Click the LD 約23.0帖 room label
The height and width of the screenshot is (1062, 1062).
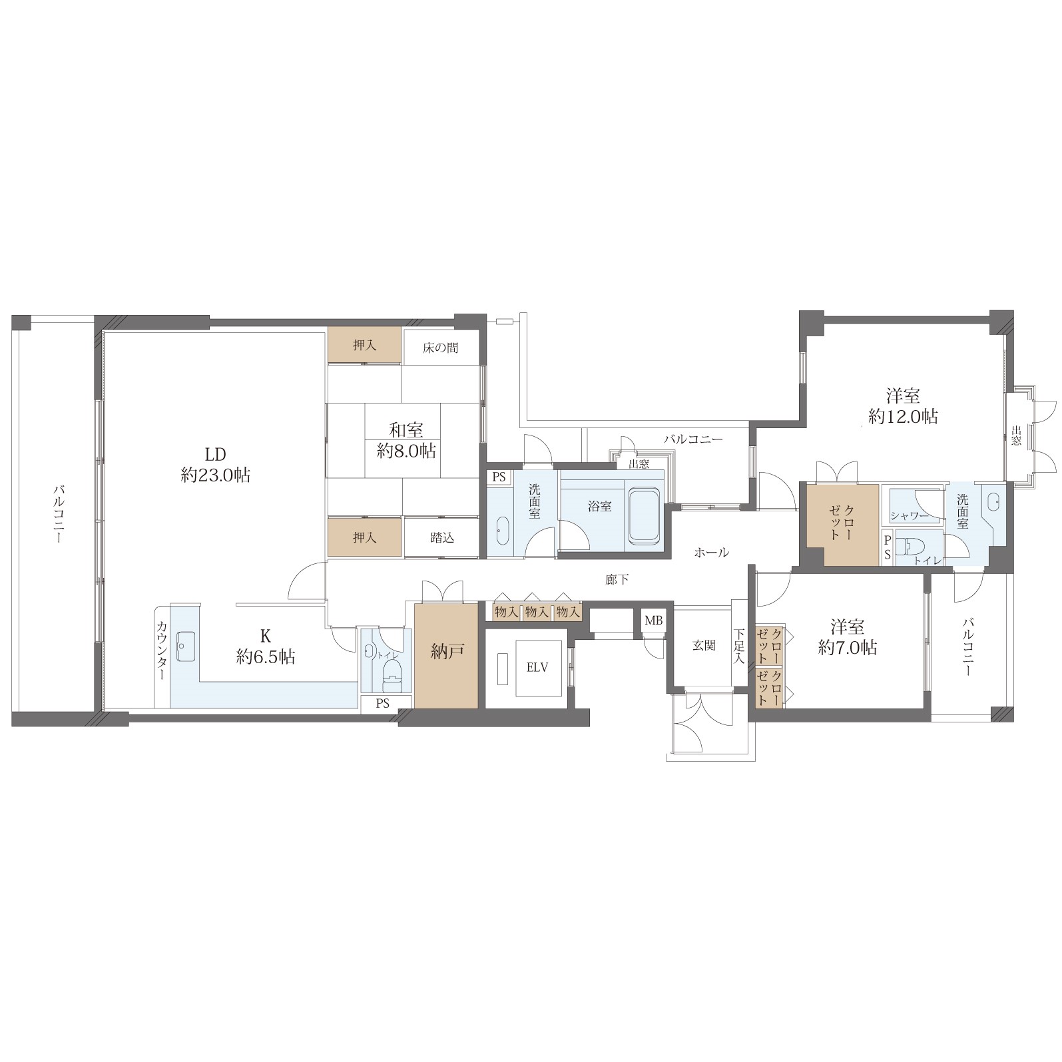pos(216,465)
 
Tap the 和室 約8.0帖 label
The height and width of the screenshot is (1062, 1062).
pos(406,440)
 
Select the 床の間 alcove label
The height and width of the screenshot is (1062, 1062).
pos(440,348)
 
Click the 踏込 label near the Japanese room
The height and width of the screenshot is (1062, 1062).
pos(442,537)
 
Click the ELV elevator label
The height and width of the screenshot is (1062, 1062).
pos(537,667)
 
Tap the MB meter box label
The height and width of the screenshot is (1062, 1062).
pos(653,621)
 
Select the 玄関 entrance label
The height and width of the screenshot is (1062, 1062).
pos(704,645)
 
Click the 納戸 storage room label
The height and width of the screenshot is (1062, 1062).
pos(447,653)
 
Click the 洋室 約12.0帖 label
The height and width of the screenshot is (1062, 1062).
pos(904,406)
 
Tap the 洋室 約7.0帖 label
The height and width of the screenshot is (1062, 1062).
pos(847,637)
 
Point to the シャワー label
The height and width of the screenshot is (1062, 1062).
pos(910,515)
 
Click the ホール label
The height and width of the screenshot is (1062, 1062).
pos(712,552)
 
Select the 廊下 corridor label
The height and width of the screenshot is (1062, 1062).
pos(617,580)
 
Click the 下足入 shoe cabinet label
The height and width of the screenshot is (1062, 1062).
pos(739,646)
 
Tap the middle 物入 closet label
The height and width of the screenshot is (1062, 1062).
pos(537,611)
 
